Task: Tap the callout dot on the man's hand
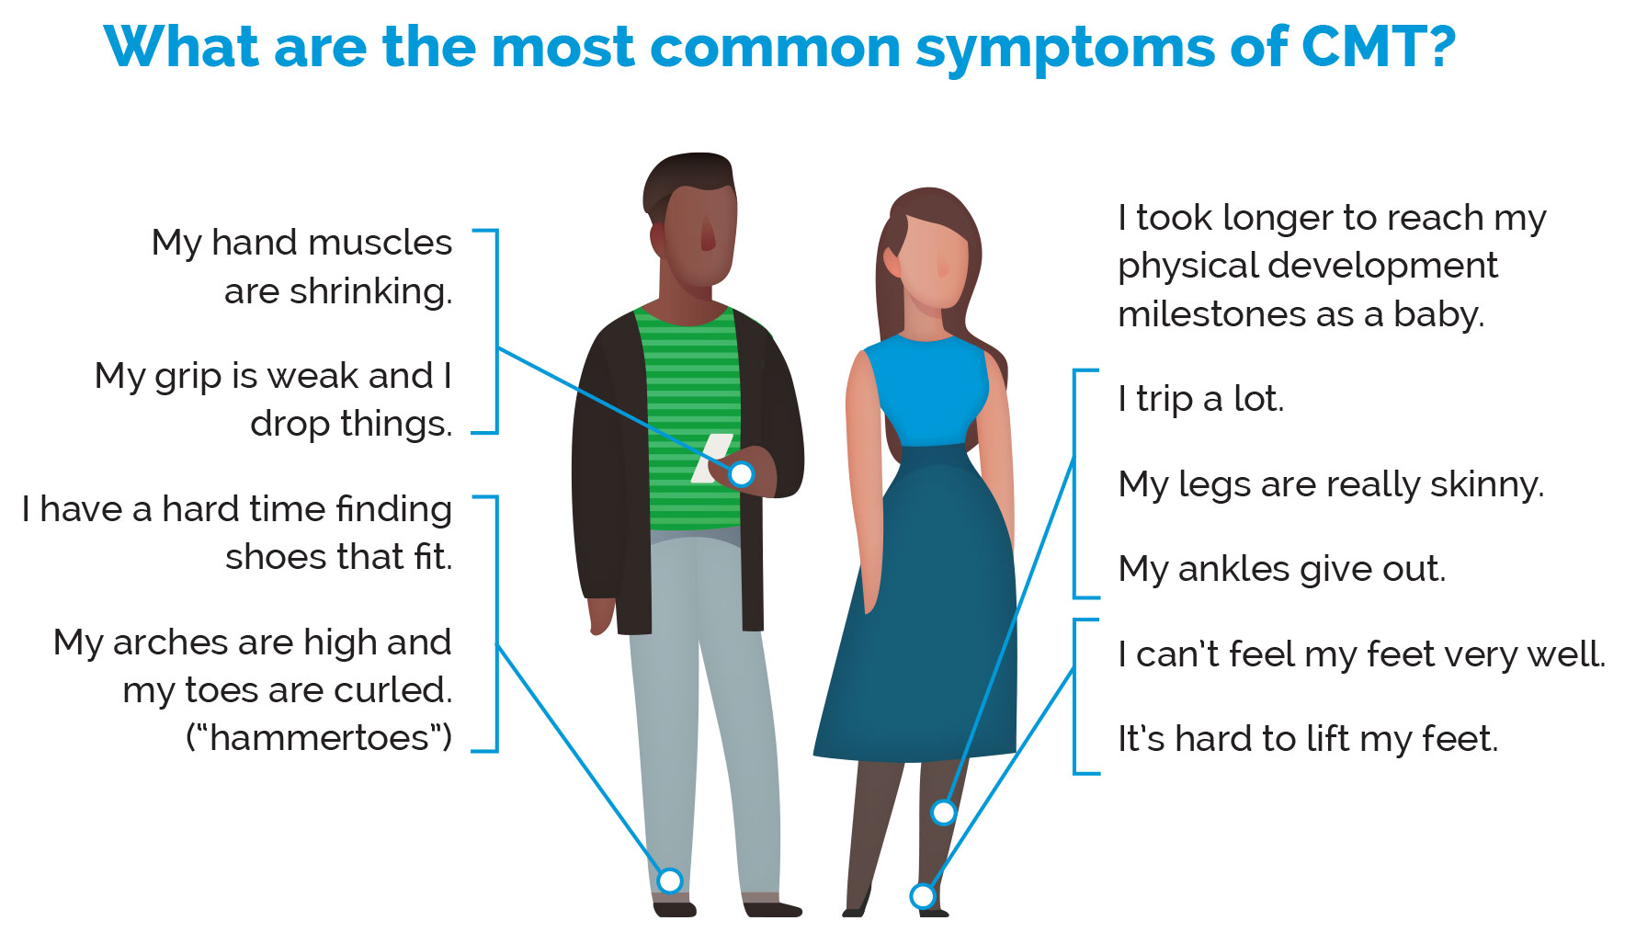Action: (741, 474)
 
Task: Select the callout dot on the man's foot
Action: (670, 881)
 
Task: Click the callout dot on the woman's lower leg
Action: (944, 813)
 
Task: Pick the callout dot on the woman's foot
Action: (922, 896)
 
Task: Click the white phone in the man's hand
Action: (712, 458)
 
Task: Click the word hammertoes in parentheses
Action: (319, 738)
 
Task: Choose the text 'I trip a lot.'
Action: (1200, 399)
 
